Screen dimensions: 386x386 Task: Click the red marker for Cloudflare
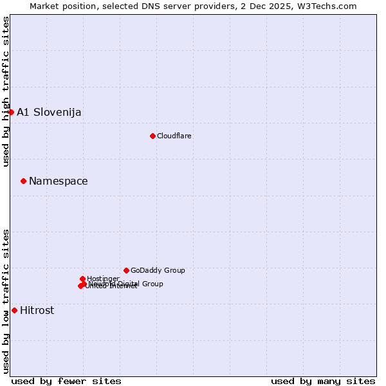click(152, 136)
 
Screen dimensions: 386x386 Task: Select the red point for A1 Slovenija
click(11, 112)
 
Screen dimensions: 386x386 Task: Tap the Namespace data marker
click(23, 181)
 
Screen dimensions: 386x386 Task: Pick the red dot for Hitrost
click(14, 310)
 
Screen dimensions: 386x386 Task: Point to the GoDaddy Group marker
click(126, 270)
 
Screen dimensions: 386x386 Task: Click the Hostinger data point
click(82, 279)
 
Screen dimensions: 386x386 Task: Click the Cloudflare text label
click(174, 136)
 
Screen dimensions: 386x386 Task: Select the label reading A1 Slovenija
click(49, 112)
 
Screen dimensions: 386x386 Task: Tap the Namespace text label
click(59, 181)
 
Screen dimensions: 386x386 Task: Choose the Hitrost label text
click(37, 310)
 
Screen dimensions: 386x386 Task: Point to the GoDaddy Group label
click(158, 270)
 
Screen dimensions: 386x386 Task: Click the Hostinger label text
click(103, 279)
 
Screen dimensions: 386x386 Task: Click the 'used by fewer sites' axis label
click(66, 381)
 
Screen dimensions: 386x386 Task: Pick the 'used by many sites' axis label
click(323, 381)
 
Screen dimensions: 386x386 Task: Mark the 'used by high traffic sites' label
click(6, 91)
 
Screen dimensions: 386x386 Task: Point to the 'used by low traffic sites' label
click(6, 301)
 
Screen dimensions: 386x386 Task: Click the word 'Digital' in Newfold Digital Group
click(129, 284)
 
